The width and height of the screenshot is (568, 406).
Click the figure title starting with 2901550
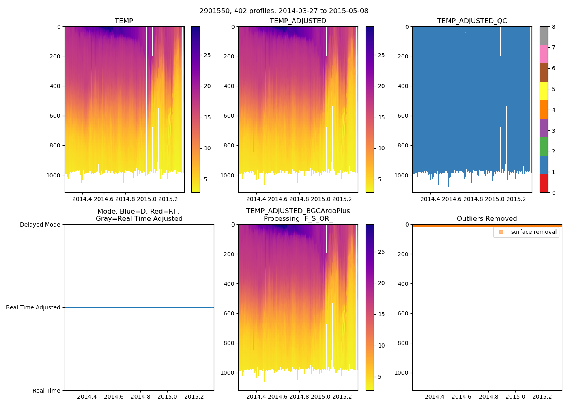coord(284,11)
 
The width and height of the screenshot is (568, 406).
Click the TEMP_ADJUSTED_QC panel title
coord(472,21)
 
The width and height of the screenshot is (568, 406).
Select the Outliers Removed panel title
coord(486,219)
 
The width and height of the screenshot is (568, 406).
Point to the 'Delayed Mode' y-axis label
coord(40,225)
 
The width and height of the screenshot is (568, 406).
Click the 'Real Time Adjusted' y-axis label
coord(33,308)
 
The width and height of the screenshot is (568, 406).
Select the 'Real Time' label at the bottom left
coord(46,391)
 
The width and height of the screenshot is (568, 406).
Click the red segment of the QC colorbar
coord(544,184)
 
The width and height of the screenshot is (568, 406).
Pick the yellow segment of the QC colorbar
coord(544,91)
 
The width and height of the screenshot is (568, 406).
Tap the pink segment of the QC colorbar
coord(544,54)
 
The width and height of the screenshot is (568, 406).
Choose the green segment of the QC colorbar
coord(544,147)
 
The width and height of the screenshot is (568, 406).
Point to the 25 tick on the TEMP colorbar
coord(207,55)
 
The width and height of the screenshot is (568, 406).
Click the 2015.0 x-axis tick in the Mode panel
coord(167,397)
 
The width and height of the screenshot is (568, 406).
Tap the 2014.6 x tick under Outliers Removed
coord(461,397)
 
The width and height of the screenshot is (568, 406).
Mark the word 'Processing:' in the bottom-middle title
coord(282,219)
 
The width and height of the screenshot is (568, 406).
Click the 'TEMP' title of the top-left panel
coord(124,21)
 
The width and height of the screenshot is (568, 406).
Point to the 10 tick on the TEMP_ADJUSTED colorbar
coord(381,149)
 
